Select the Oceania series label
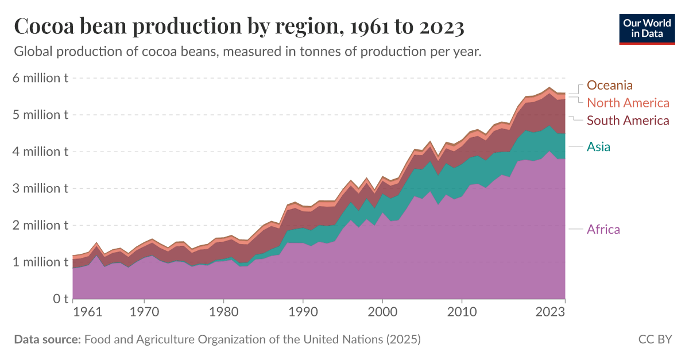[609, 86]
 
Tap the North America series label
[628, 103]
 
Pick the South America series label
[628, 121]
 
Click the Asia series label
[598, 147]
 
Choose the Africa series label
[603, 230]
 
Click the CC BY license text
[655, 339]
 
